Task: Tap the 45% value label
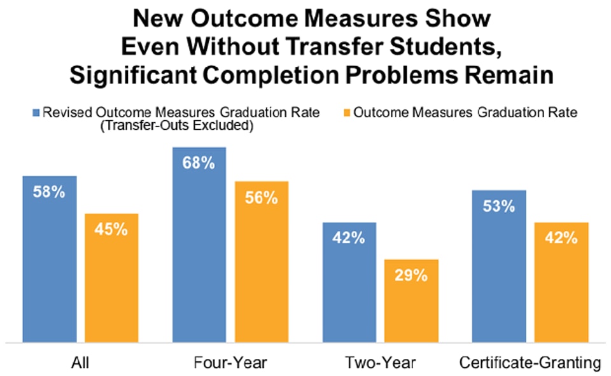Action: [112, 229]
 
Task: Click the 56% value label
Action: [262, 197]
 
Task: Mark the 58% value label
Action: [50, 191]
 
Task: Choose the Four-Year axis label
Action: [230, 363]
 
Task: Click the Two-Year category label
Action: [380, 363]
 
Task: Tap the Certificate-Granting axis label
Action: [530, 363]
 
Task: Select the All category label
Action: [80, 363]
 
